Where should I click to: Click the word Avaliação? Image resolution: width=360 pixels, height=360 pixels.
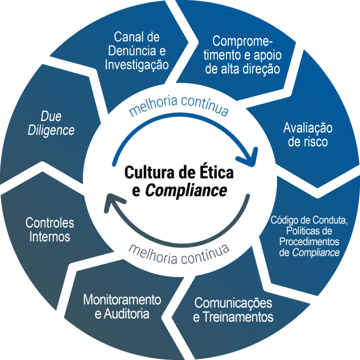pos(308,127)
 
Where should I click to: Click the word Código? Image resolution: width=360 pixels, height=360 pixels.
pos(286,220)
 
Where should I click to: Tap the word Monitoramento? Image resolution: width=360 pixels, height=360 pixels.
pos(122,300)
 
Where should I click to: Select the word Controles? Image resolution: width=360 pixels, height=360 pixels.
pos(50,222)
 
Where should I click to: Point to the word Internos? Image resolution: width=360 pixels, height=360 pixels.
pos(50,236)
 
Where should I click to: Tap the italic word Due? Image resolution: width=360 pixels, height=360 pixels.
pos(51,116)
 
